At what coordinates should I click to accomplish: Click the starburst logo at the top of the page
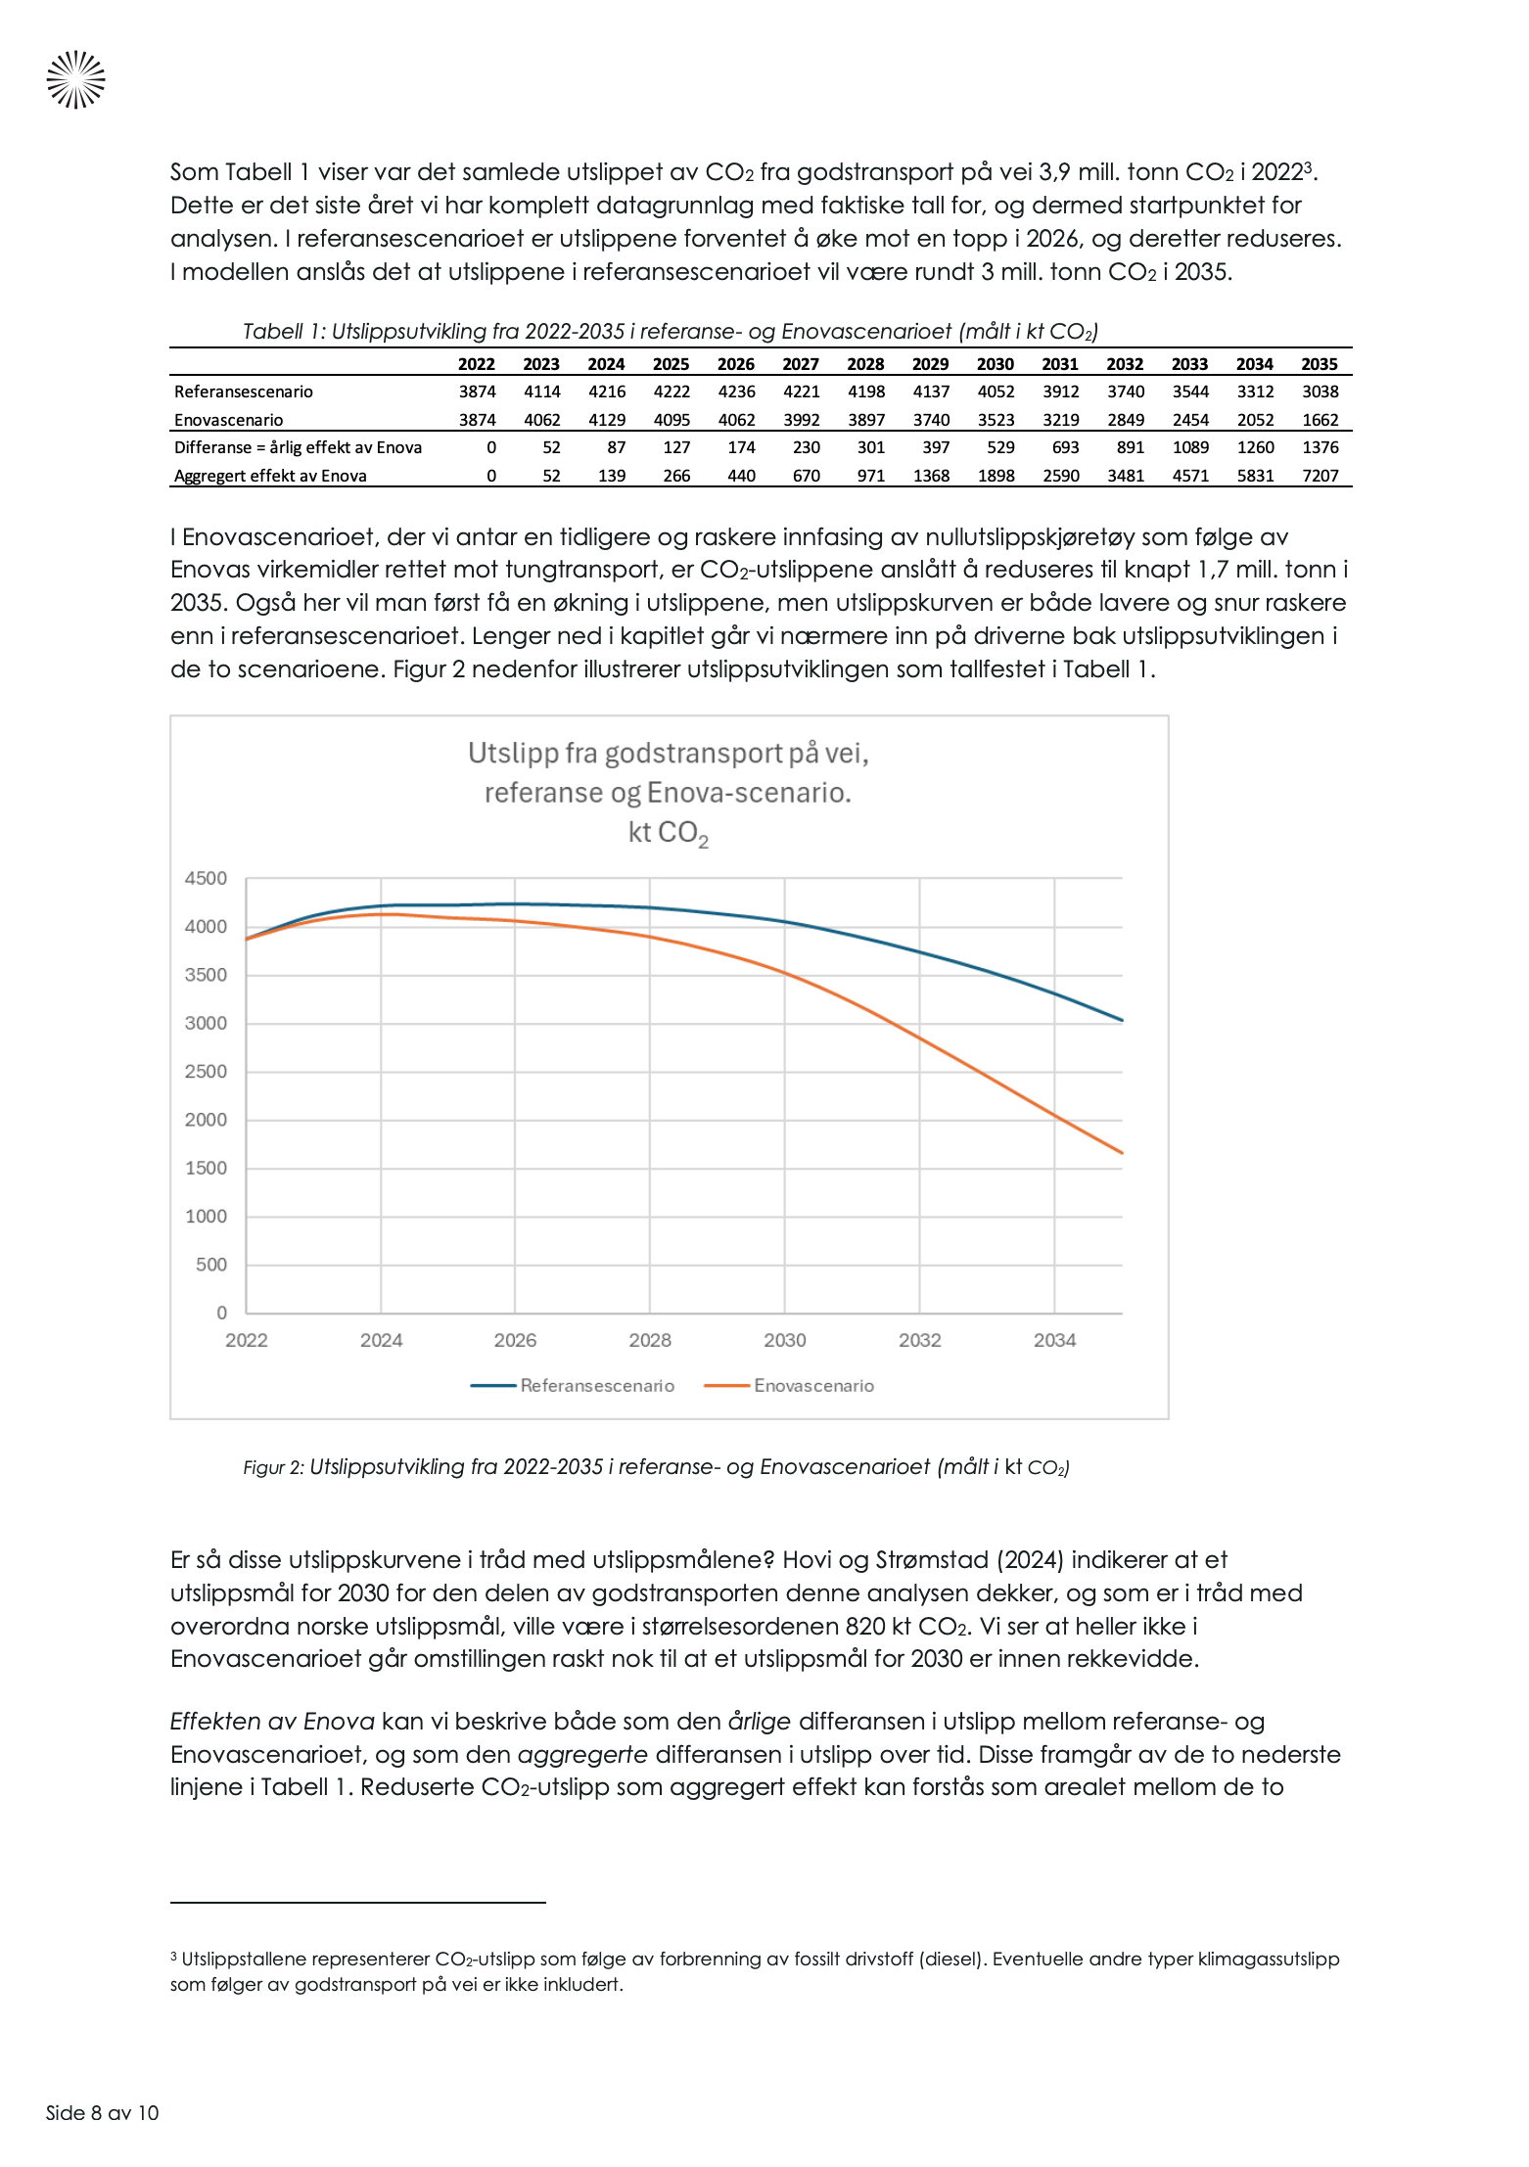coord(75,79)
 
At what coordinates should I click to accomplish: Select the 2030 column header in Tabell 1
coord(995,364)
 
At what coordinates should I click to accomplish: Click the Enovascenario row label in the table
coord(228,420)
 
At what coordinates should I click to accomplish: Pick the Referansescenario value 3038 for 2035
coord(1320,392)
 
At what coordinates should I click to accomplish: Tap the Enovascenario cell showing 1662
coord(1320,420)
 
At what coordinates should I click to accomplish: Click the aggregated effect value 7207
coord(1320,476)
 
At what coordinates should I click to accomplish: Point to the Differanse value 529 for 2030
coord(1000,447)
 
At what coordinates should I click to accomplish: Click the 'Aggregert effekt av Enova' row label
coord(270,476)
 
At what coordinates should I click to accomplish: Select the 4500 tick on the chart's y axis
coord(206,878)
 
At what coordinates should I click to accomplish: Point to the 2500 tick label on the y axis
coord(206,1071)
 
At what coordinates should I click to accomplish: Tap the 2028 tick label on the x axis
coord(650,1340)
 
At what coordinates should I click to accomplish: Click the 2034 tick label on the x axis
coord(1054,1340)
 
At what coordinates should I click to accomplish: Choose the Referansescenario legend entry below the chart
coord(597,1385)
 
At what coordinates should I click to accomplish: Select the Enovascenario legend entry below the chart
coord(813,1385)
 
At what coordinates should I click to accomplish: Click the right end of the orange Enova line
coord(1121,1152)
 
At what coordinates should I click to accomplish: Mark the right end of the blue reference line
coord(1121,1020)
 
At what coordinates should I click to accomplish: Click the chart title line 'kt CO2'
coord(668,833)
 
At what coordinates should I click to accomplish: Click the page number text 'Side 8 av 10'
coord(102,2112)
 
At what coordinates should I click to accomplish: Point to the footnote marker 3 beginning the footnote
coord(173,1958)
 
